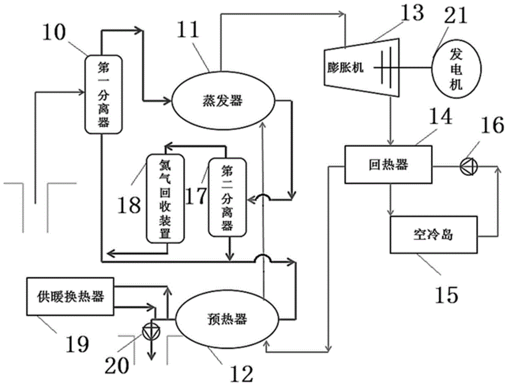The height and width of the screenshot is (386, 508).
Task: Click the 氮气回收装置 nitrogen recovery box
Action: point(164,197)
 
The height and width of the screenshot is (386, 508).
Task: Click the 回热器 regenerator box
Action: point(388,164)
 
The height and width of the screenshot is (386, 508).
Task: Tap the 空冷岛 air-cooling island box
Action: point(433,234)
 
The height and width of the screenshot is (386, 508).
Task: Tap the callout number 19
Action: point(76,344)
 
